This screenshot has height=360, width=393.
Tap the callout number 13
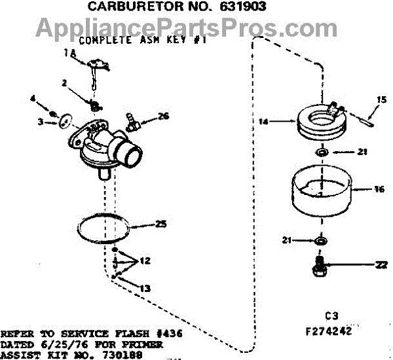(x=145, y=288)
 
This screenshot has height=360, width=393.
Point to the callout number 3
(x=40, y=122)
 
